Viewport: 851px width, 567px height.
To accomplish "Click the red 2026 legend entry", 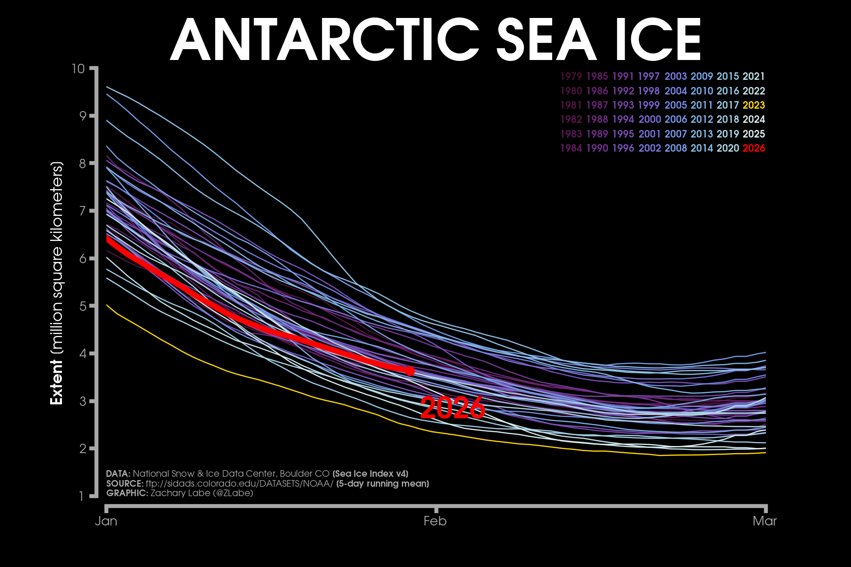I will coord(754,148).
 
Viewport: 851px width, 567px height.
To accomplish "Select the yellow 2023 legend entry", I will coord(754,105).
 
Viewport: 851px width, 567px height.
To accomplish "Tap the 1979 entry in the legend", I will coord(571,77).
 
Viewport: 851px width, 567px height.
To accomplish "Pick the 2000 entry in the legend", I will coord(650,120).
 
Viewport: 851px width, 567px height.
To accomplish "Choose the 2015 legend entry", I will coord(728,77).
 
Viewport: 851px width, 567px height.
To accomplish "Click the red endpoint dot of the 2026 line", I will coord(410,371).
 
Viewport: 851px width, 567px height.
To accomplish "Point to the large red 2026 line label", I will coord(452,408).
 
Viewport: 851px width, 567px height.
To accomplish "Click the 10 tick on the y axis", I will coord(78,69).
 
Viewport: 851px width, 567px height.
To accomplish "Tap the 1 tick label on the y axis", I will coord(81,496).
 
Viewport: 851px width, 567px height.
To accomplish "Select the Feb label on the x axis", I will coord(435,521).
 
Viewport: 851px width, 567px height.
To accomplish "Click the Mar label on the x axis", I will coord(764,521).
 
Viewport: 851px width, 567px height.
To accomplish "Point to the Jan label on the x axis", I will coord(106,521).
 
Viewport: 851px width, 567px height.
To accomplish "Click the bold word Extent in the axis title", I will coord(57,382).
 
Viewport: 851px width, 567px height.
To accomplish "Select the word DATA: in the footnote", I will coord(118,473).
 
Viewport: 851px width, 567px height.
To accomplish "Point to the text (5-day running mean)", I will coord(382,483).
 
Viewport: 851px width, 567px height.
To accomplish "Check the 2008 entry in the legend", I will coord(676,148).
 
